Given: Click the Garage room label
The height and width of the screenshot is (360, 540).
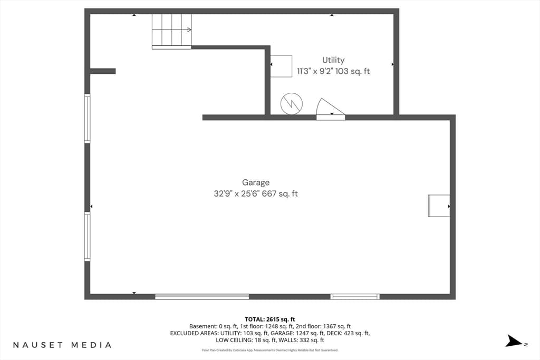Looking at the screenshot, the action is [x=256, y=183].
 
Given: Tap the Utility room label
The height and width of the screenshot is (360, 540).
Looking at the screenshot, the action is [x=333, y=60].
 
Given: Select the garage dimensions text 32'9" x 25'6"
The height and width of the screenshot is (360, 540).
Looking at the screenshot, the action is [x=237, y=194].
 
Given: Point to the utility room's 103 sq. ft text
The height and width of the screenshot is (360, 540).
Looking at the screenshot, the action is [x=352, y=71].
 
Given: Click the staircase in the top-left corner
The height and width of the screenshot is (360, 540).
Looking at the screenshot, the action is [x=171, y=31].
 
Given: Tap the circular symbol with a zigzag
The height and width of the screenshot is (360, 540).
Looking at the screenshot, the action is [x=292, y=104].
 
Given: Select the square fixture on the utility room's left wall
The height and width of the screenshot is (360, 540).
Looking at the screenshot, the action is [x=281, y=66].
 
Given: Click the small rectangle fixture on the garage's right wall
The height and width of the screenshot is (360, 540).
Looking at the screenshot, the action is [x=439, y=206].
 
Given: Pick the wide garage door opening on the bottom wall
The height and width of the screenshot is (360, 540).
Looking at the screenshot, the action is [x=202, y=297].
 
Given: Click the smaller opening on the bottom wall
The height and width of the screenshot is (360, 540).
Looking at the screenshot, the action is [x=355, y=297].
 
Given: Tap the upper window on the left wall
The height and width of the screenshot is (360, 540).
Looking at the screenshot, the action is [x=88, y=119].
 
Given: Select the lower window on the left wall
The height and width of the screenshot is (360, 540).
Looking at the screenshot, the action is [x=88, y=237].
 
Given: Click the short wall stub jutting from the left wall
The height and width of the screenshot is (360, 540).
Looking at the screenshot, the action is [x=103, y=71].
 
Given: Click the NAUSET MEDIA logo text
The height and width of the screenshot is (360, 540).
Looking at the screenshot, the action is [x=62, y=345].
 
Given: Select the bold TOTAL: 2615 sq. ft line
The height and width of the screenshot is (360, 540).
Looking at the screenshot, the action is [x=270, y=319].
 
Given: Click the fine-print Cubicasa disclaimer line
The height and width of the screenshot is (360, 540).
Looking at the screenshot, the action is [x=270, y=351].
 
